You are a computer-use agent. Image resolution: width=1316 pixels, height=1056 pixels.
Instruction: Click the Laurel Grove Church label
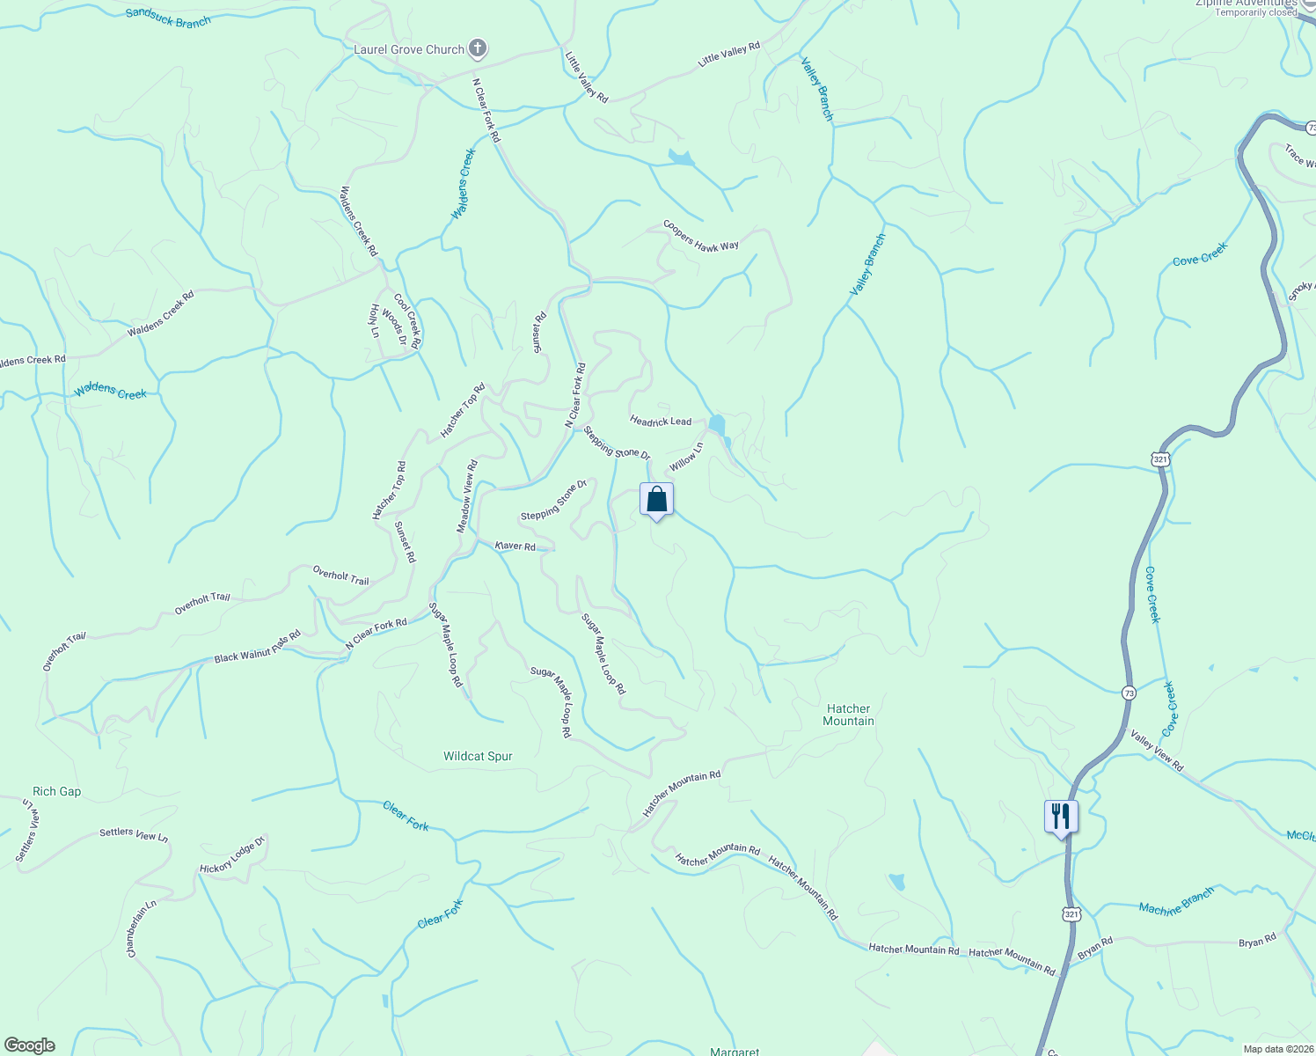pyautogui.click(x=408, y=49)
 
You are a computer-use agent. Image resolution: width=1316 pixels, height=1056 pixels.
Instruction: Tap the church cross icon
pyautogui.click(x=478, y=48)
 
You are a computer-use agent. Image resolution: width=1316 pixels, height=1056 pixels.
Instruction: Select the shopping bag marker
pyautogui.click(x=656, y=500)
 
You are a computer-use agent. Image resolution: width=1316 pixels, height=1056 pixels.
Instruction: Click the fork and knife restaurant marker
pyautogui.click(x=1062, y=816)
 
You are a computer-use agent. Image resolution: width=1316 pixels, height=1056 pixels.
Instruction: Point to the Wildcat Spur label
pyautogui.click(x=478, y=756)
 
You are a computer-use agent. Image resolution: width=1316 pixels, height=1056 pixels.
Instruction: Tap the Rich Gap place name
pyautogui.click(x=56, y=791)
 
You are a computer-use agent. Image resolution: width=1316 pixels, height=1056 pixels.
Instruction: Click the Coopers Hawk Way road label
pyautogui.click(x=701, y=236)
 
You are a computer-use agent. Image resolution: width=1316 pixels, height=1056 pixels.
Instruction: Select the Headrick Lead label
pyautogui.click(x=661, y=422)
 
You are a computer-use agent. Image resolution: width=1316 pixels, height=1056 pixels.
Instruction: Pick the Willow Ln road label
pyautogui.click(x=686, y=457)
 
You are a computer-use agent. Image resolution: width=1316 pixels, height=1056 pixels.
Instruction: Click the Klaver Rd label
pyautogui.click(x=515, y=546)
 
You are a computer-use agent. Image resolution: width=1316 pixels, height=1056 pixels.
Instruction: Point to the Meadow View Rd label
pyautogui.click(x=466, y=496)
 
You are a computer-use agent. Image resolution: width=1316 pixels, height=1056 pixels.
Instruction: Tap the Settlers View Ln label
pyautogui.click(x=134, y=834)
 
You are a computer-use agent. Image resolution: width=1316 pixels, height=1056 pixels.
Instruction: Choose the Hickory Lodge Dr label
pyautogui.click(x=232, y=855)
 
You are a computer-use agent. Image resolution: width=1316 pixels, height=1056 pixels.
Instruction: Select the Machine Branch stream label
pyautogui.click(x=1176, y=901)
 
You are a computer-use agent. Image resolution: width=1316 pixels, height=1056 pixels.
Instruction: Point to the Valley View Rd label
pyautogui.click(x=1157, y=751)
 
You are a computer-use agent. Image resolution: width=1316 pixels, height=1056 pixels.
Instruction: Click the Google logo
pyautogui.click(x=29, y=1045)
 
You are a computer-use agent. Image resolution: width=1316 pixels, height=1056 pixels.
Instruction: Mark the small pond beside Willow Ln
pyautogui.click(x=717, y=425)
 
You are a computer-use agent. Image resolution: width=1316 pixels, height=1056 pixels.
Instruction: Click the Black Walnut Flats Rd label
pyautogui.click(x=258, y=646)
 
